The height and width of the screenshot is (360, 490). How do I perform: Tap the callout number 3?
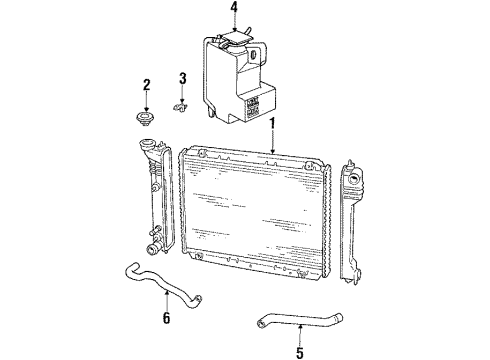(183, 79)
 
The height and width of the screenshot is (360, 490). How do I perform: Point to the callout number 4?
(234, 12)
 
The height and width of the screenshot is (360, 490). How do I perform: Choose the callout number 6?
(166, 319)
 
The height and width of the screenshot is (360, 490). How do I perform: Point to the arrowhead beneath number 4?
(234, 33)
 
